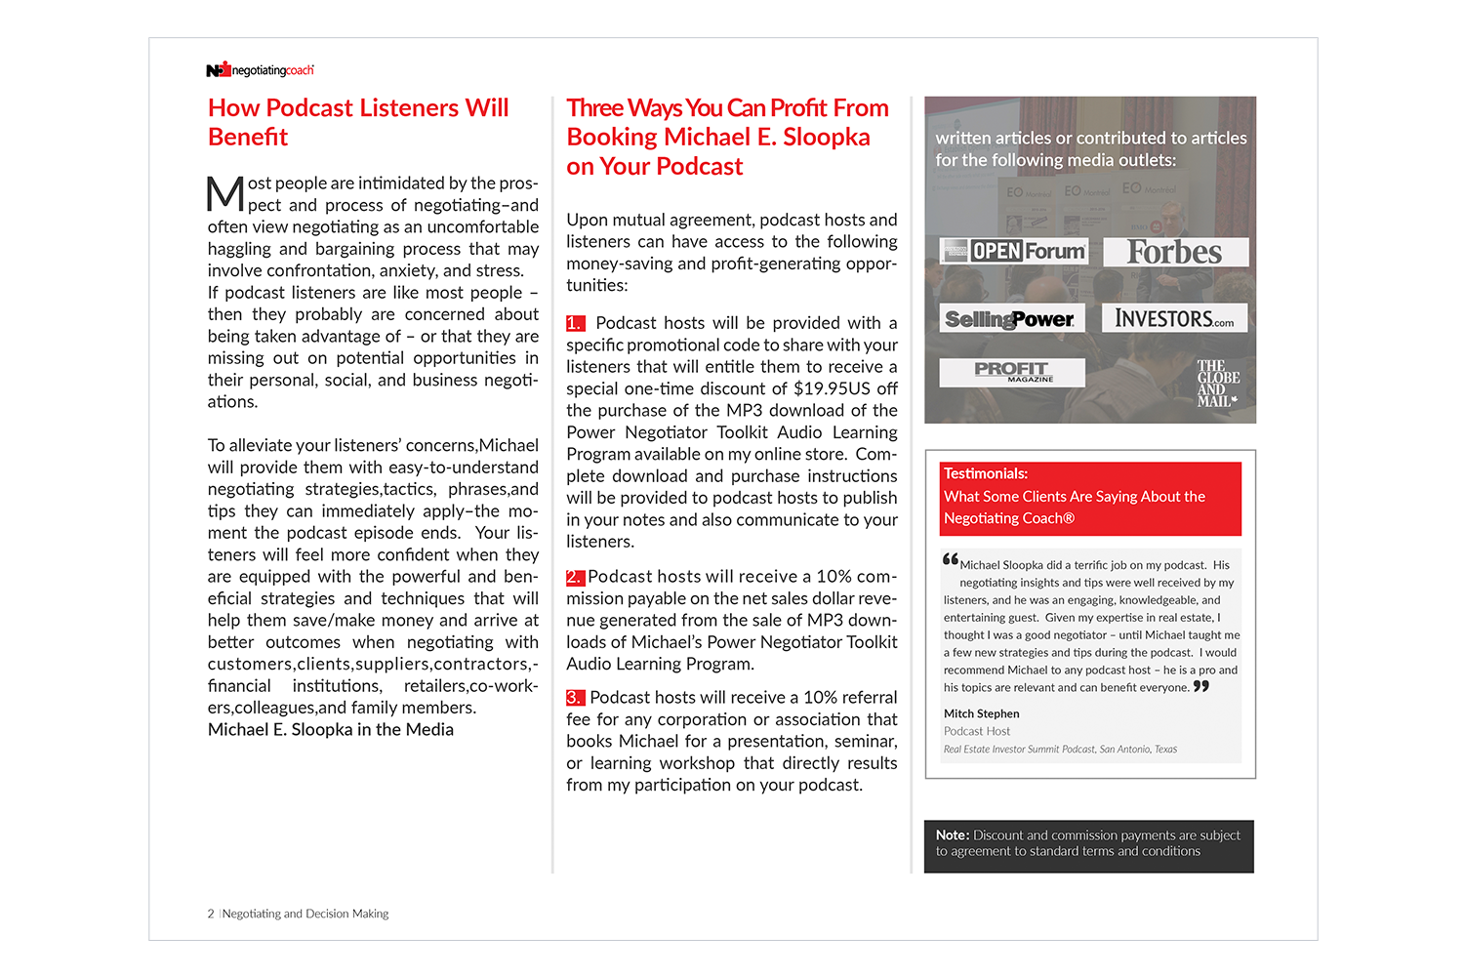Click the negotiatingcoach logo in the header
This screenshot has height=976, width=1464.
tap(260, 70)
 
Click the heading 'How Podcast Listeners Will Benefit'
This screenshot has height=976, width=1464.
tap(358, 122)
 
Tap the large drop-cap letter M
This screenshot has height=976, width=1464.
tap(225, 193)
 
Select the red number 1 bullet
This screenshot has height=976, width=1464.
tap(575, 323)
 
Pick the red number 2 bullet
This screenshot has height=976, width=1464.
tap(575, 578)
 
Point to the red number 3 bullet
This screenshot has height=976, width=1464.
tap(575, 698)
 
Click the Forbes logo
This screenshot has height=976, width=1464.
tap(1175, 252)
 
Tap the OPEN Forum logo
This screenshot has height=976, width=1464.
tap(1014, 251)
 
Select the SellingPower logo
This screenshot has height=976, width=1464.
tap(1010, 319)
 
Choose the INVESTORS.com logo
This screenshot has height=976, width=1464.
tap(1174, 319)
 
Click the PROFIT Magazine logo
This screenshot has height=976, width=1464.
tap(1011, 371)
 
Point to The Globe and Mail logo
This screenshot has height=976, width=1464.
tap(1217, 384)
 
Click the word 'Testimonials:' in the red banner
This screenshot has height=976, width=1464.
tap(986, 474)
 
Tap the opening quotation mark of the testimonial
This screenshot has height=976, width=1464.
tap(951, 560)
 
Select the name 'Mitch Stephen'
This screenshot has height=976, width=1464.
tap(981, 714)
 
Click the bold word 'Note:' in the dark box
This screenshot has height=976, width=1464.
tap(953, 835)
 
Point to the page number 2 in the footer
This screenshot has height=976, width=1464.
tap(211, 915)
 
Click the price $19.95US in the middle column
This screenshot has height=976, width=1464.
tap(832, 388)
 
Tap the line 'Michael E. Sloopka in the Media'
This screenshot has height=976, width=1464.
tap(331, 730)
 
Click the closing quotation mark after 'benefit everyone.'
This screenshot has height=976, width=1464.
tap(1201, 686)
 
